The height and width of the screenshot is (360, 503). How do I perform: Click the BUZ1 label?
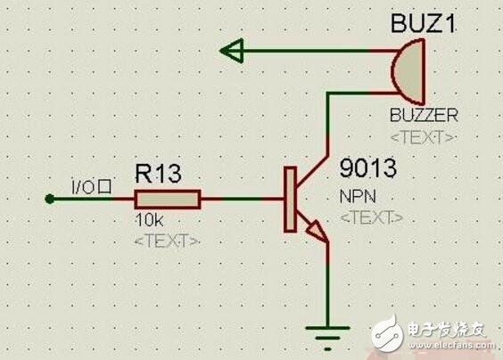(425, 24)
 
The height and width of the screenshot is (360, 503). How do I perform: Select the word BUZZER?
(424, 117)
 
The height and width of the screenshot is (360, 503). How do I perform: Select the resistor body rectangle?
(168, 199)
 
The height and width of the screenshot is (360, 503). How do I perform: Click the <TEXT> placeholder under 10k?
(166, 241)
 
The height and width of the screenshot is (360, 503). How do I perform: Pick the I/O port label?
(90, 187)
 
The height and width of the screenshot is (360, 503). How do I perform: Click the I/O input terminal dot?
(51, 199)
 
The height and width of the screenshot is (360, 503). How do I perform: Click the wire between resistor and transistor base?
(241, 199)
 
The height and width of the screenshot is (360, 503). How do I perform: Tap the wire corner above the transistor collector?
(329, 92)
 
